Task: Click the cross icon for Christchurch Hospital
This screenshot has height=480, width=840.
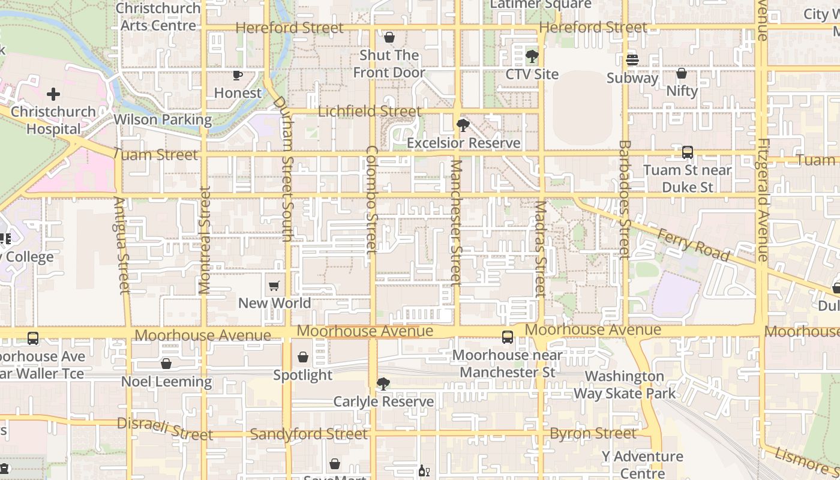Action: pos(53,94)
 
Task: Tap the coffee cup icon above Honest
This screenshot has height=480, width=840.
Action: pos(238,75)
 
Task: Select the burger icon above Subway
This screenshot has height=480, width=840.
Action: pos(632,60)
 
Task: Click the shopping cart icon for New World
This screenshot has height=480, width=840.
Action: pos(274,286)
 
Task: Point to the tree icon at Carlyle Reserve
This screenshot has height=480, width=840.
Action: pos(383,384)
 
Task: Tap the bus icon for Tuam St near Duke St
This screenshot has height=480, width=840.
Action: pos(688,152)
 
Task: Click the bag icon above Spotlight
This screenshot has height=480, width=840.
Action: pos(303,358)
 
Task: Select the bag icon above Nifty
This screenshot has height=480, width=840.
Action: pos(682,73)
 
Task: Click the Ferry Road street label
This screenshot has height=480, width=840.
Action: pos(694,244)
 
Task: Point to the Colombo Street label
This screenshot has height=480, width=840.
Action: pos(371,199)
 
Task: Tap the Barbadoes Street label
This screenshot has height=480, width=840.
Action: pos(624,199)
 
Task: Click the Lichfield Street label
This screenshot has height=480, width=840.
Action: pos(369,112)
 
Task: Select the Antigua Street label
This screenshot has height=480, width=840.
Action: pos(122,245)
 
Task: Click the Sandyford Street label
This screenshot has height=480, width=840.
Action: pos(308,434)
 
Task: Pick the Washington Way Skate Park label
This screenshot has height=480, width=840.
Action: pos(624,385)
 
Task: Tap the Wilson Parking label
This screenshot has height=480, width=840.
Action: pos(163,119)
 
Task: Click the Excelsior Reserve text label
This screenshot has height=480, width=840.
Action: pos(463,143)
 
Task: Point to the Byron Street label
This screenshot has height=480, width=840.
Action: pos(593,433)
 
